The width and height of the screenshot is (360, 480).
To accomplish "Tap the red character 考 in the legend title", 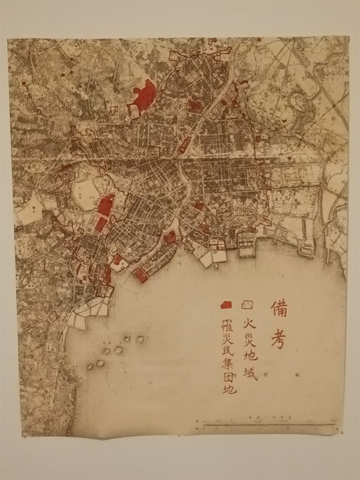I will coord(282,339).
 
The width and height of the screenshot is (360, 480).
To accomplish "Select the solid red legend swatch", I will coord(227,304).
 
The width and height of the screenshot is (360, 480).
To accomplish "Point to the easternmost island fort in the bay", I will coord(142,340).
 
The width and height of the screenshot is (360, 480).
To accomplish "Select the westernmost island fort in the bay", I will coord(91,365).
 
